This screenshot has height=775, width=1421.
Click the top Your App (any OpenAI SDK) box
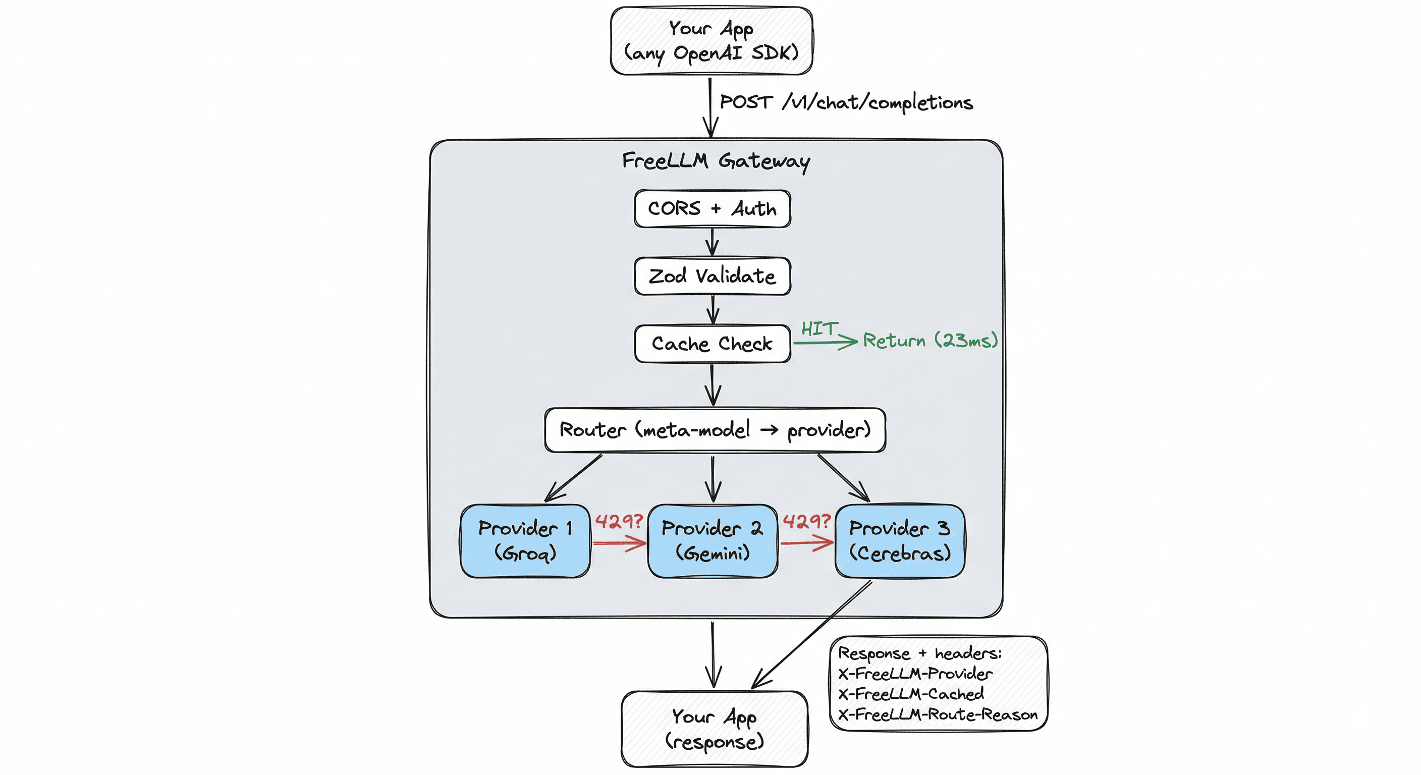pyautogui.click(x=711, y=41)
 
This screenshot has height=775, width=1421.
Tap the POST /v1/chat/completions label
pyautogui.click(x=846, y=102)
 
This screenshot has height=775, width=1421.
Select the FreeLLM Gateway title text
pyautogui.click(x=716, y=161)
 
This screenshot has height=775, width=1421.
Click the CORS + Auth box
pyautogui.click(x=712, y=208)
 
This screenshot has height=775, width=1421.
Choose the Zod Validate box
pyautogui.click(x=712, y=276)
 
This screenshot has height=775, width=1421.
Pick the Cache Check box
pyautogui.click(x=712, y=344)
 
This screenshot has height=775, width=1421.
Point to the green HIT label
pyautogui.click(x=819, y=329)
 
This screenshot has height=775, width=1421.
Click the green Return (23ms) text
pyautogui.click(x=930, y=341)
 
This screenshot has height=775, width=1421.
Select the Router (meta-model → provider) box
pyautogui.click(x=715, y=430)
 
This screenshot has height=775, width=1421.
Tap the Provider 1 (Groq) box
pyautogui.click(x=525, y=540)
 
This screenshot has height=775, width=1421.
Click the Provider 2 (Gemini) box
pyautogui.click(x=712, y=540)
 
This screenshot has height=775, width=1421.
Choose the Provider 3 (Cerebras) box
pyautogui.click(x=900, y=540)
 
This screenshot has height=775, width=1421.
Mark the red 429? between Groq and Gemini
pyautogui.click(x=619, y=521)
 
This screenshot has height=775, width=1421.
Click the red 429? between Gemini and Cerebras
pyautogui.click(x=806, y=521)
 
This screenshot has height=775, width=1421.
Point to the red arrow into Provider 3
pyautogui.click(x=806, y=543)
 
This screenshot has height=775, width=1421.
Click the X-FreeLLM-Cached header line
pyautogui.click(x=911, y=694)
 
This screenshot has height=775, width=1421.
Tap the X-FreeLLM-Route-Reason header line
pyautogui.click(x=937, y=715)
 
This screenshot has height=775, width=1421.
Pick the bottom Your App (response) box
pyautogui.click(x=715, y=729)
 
